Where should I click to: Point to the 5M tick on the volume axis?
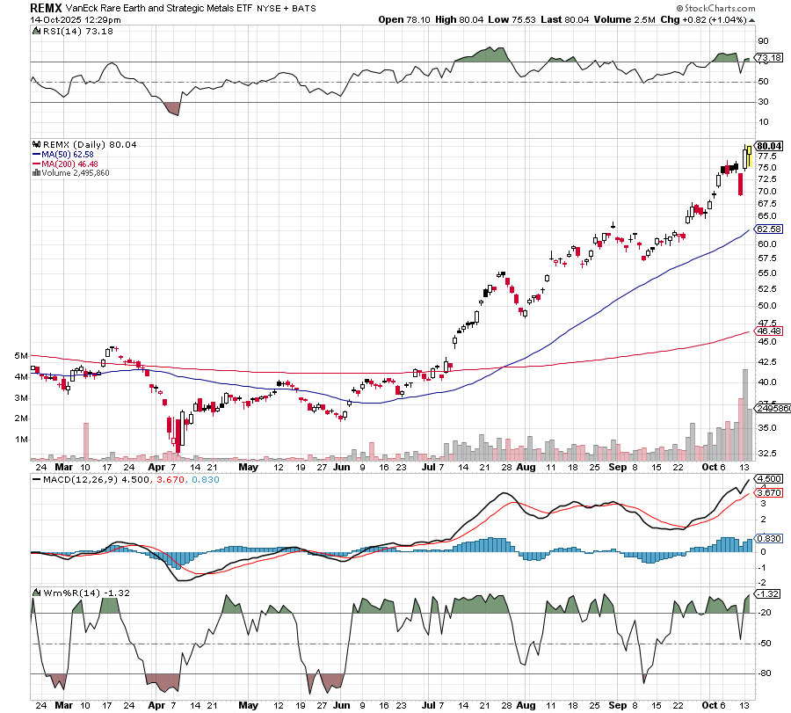coord(21,355)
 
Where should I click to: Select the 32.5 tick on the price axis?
coord(766,454)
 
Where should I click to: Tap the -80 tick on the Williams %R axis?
coord(764,674)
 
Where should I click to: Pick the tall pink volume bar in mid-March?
coord(86,440)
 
